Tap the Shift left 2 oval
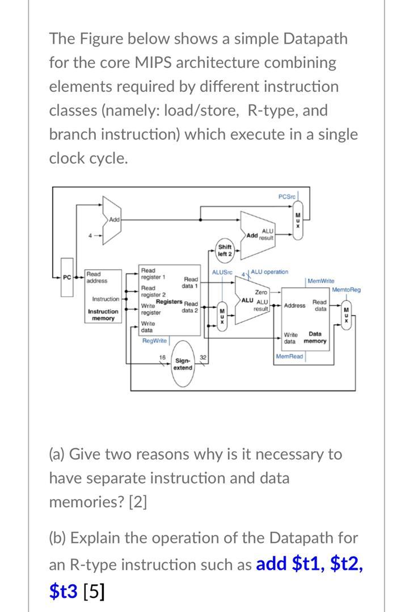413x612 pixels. coord(225,250)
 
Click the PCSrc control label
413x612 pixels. coord(287,196)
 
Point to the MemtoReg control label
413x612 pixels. coord(346,290)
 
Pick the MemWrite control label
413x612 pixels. coord(321,280)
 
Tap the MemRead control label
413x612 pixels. coord(290,356)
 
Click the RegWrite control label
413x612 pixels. coord(154,341)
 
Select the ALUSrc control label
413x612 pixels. coord(222,273)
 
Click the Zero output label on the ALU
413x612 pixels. coord(261,292)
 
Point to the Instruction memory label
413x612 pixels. coord(103,315)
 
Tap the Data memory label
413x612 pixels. coord(315,337)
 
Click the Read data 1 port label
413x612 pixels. coord(191,282)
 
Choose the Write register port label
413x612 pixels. coord(151,309)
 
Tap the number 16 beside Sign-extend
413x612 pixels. coord(163,358)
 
